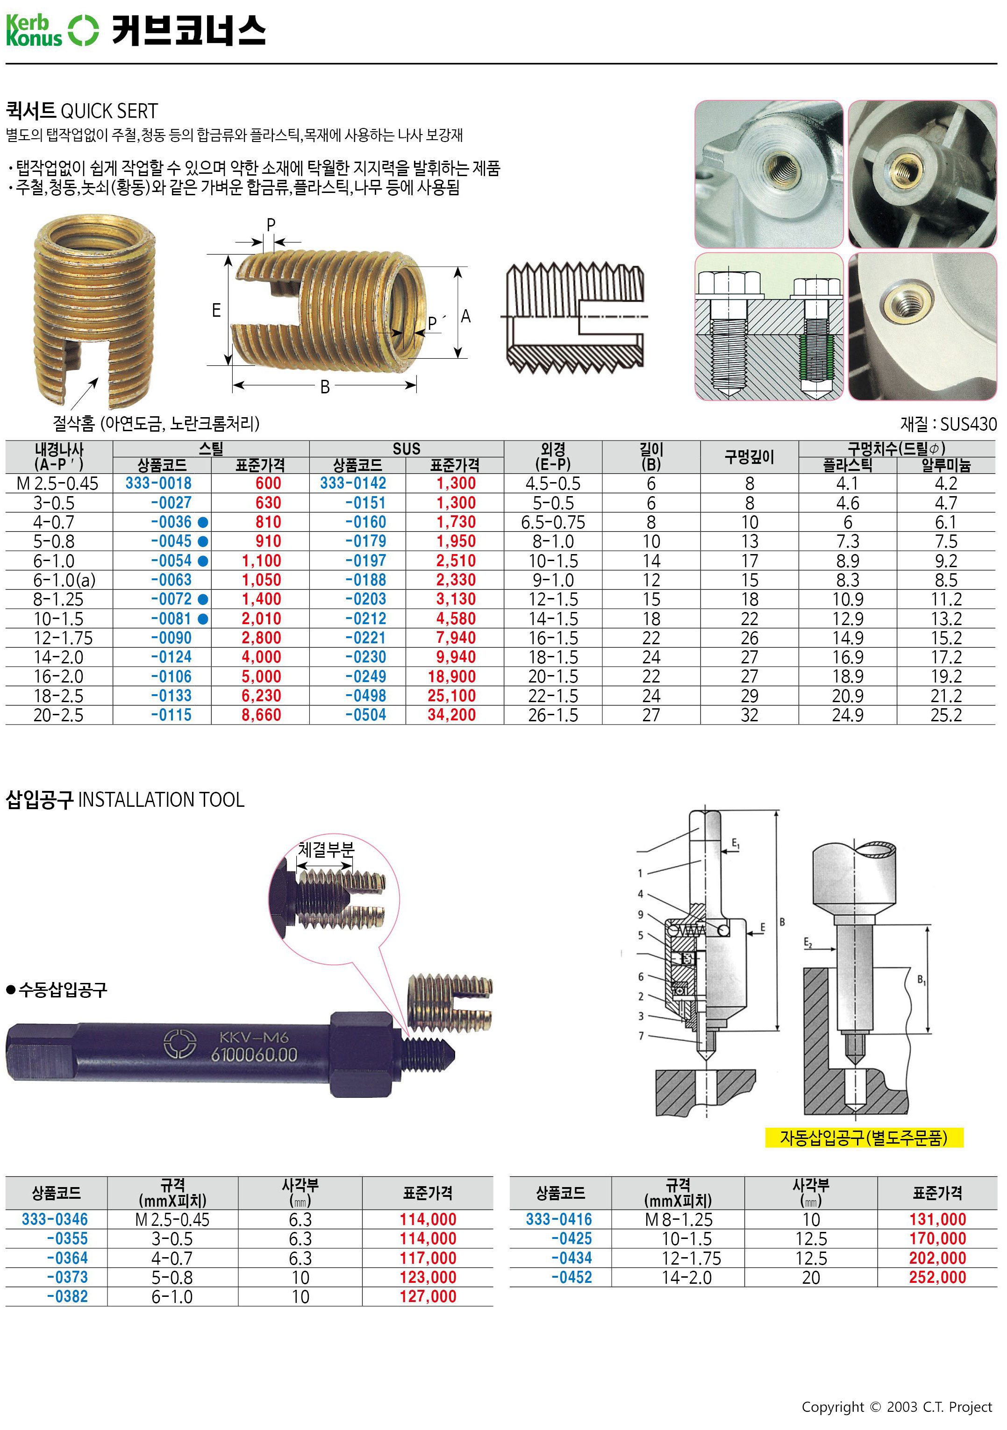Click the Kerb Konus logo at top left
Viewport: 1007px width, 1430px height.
coord(52,30)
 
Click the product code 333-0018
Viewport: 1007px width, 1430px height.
coord(158,484)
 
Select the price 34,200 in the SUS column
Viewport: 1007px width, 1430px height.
coord(452,715)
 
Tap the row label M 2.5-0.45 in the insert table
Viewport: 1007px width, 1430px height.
coord(57,484)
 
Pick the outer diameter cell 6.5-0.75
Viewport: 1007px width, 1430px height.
coord(553,522)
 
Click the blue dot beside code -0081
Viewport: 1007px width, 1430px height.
coord(202,619)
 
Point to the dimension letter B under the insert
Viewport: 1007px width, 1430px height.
coord(325,387)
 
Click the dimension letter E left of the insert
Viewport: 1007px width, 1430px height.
coord(216,310)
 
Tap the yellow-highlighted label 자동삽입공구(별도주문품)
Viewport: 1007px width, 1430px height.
coord(864,1138)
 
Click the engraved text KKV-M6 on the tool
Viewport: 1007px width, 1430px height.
coord(254,1037)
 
